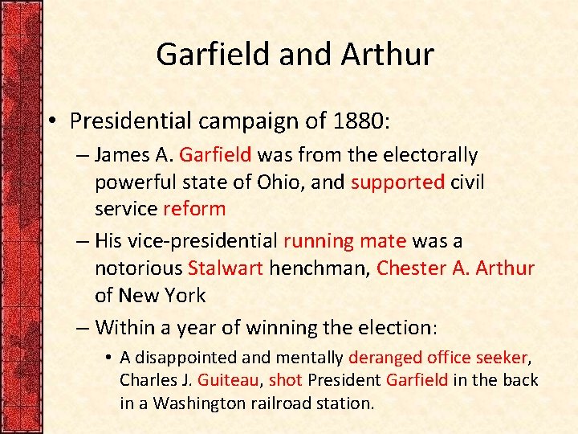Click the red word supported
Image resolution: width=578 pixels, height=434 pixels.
click(x=397, y=182)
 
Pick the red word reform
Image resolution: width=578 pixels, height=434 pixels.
click(x=194, y=209)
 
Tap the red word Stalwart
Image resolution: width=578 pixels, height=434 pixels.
click(x=225, y=268)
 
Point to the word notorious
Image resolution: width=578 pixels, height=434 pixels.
click(x=138, y=268)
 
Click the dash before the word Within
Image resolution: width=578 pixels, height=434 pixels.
click(x=83, y=328)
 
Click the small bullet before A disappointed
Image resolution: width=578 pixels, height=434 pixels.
click(x=109, y=358)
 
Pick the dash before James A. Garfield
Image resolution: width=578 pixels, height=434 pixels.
click(x=83, y=155)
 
